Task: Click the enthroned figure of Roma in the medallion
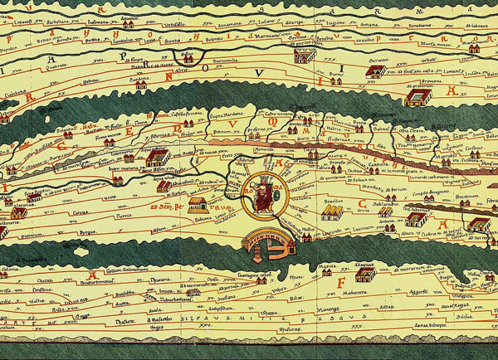(x=261, y=192)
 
